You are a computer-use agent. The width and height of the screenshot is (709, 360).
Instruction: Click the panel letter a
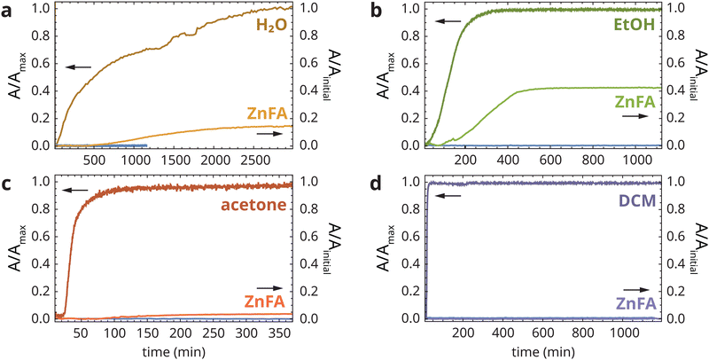[x=6, y=12]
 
